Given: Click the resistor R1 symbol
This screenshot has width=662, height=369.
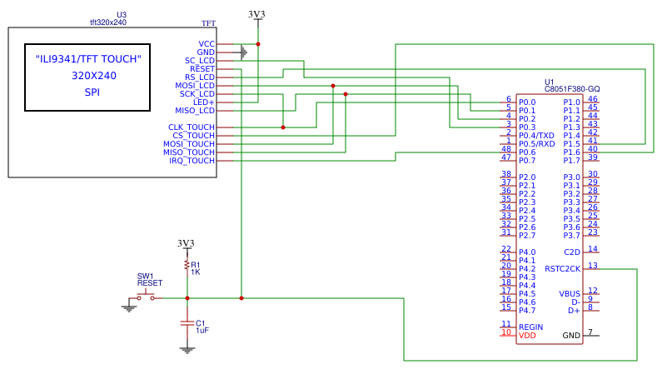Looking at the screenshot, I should pyautogui.click(x=187, y=267).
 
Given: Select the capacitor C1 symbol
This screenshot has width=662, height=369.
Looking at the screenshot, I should pyautogui.click(x=187, y=323).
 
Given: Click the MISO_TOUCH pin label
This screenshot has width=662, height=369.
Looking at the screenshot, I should pyautogui.click(x=189, y=152).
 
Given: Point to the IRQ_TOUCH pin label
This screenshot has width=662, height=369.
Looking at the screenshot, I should pyautogui.click(x=192, y=161).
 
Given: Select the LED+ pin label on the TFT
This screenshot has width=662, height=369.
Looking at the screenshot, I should pyautogui.click(x=204, y=102).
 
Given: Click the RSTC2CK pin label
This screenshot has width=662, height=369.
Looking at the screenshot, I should pyautogui.click(x=562, y=268).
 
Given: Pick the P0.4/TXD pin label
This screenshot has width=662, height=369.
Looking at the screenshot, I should pyautogui.click(x=536, y=135).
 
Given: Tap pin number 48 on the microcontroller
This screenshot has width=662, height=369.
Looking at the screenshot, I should pyautogui.click(x=507, y=149).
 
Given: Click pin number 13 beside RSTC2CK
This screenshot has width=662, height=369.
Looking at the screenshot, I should pyautogui.click(x=592, y=266).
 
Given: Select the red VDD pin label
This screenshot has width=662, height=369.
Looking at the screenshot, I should pyautogui.click(x=528, y=336).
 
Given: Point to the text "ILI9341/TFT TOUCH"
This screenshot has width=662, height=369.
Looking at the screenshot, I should pyautogui.click(x=88, y=59).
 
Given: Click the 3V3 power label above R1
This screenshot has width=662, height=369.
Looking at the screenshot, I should pyautogui.click(x=187, y=243).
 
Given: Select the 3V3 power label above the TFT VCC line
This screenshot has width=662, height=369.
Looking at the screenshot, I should pyautogui.click(x=258, y=14).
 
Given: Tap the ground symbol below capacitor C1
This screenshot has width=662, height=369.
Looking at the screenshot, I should pyautogui.click(x=187, y=350).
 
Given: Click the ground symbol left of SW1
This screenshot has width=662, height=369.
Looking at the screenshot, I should pyautogui.click(x=128, y=307).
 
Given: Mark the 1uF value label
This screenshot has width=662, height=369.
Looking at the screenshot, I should pyautogui.click(x=202, y=331).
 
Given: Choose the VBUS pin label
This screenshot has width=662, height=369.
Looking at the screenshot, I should pyautogui.click(x=569, y=293).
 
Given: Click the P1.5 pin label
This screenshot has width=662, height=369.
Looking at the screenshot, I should pyautogui.click(x=571, y=143).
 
